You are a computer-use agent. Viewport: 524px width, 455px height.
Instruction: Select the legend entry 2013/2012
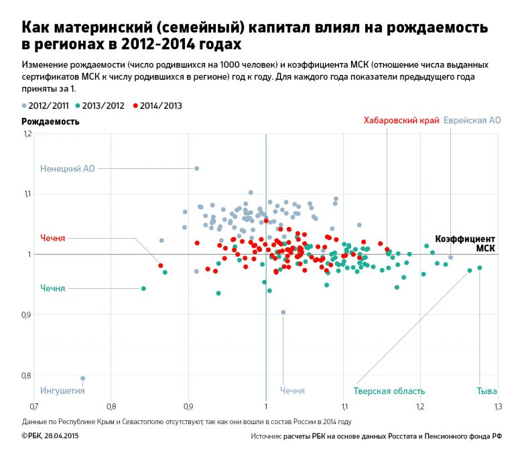point(101,105)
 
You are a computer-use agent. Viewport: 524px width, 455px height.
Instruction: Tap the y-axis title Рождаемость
point(50,121)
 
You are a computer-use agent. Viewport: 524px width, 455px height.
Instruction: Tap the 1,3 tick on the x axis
point(498,406)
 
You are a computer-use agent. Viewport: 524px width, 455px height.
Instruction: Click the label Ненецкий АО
point(68,168)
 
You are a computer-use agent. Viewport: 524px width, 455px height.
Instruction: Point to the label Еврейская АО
point(472,121)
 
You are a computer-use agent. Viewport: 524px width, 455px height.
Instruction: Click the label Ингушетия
point(62,391)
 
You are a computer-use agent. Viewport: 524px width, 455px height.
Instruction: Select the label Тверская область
point(389,391)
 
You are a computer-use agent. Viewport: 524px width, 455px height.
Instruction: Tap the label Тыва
point(486,391)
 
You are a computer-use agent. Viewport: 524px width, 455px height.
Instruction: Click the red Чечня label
point(53,238)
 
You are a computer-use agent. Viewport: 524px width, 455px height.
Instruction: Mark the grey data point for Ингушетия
point(83,378)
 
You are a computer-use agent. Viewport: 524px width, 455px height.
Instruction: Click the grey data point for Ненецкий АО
point(196,168)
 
